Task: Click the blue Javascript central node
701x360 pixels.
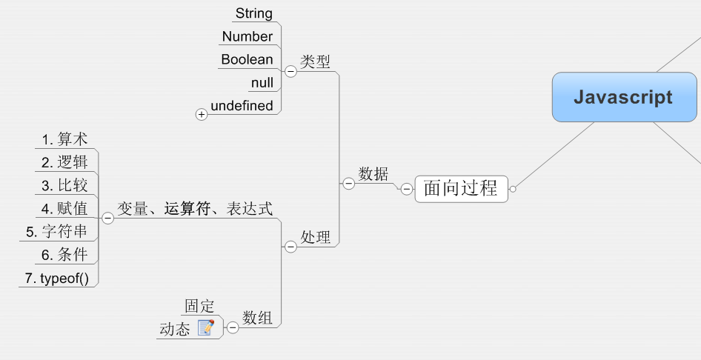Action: [623, 97]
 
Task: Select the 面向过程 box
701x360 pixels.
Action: [460, 188]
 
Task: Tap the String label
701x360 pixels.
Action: [253, 13]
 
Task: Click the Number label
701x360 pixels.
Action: [247, 36]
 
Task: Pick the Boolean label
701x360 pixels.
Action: [247, 59]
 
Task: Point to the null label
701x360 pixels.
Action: [262, 82]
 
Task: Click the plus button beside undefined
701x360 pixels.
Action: [202, 114]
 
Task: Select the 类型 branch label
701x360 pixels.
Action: [316, 61]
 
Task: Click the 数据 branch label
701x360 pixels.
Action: [373, 174]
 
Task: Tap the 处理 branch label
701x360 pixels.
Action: [316, 237]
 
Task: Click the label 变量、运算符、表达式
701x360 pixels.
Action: [195, 209]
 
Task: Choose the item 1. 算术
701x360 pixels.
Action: [64, 139]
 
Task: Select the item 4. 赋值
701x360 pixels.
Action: [64, 208]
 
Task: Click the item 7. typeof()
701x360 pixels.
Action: [56, 278]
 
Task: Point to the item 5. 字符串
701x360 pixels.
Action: [56, 231]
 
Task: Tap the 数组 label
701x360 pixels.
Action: [257, 319]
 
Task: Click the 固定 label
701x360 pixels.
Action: [199, 306]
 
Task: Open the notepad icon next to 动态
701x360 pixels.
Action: [206, 327]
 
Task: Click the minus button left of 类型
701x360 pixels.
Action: [290, 71]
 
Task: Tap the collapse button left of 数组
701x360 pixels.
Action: [232, 327]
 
